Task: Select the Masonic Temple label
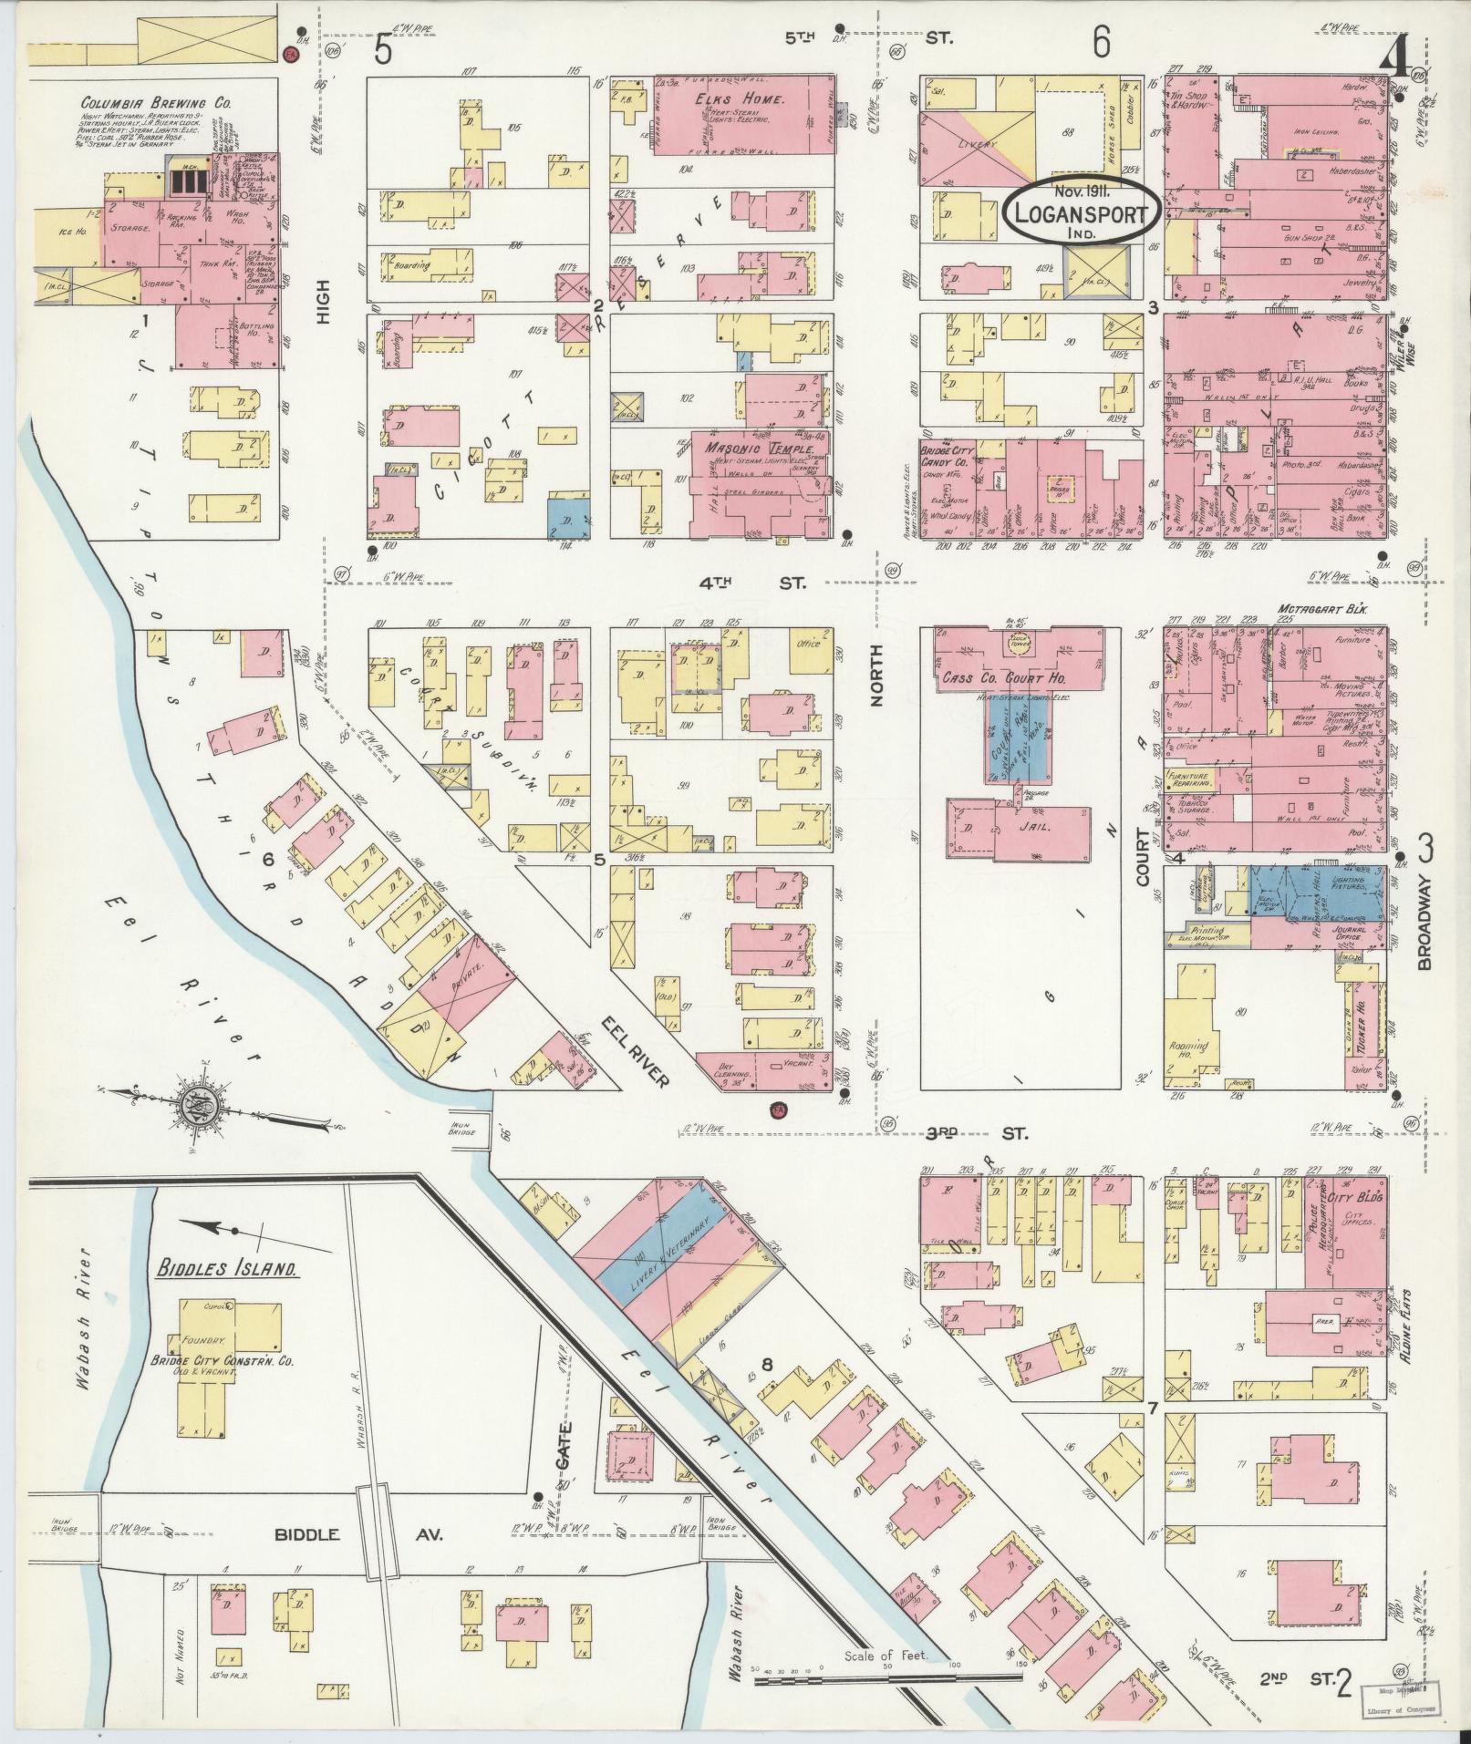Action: click(739, 449)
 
